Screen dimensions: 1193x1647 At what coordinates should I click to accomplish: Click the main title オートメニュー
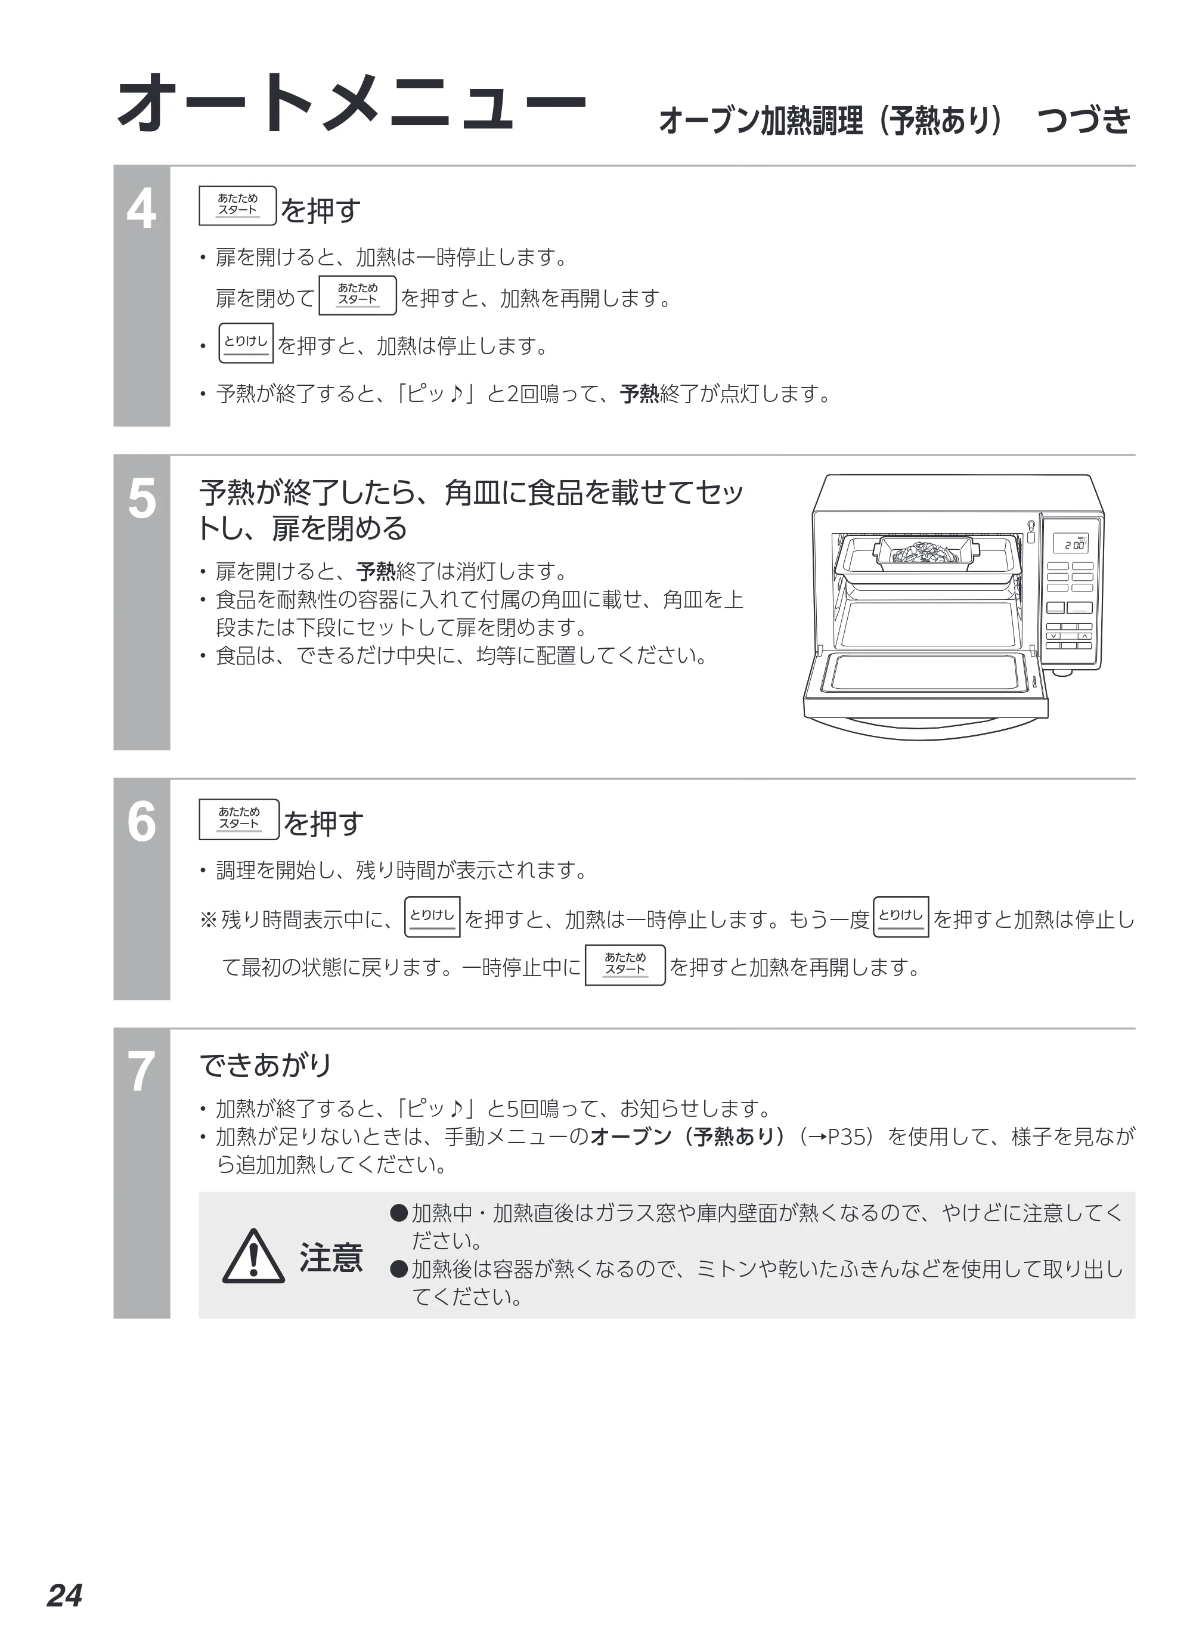[351, 103]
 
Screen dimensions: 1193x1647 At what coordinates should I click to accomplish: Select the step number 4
[141, 209]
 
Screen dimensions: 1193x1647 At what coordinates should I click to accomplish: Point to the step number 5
[141, 499]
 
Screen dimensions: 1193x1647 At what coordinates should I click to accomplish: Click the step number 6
[141, 822]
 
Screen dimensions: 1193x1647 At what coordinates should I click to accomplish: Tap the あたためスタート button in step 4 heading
[237, 206]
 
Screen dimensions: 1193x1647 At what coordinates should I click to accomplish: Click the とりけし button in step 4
[246, 343]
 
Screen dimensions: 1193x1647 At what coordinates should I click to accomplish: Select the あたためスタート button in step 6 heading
[239, 819]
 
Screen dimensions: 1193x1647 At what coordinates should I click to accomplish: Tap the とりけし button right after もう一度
[900, 917]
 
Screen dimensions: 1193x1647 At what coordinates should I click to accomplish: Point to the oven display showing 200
[1071, 543]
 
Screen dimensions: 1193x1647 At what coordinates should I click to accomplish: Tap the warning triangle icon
[253, 1257]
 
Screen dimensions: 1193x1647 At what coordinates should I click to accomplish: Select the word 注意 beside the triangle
[331, 1258]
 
